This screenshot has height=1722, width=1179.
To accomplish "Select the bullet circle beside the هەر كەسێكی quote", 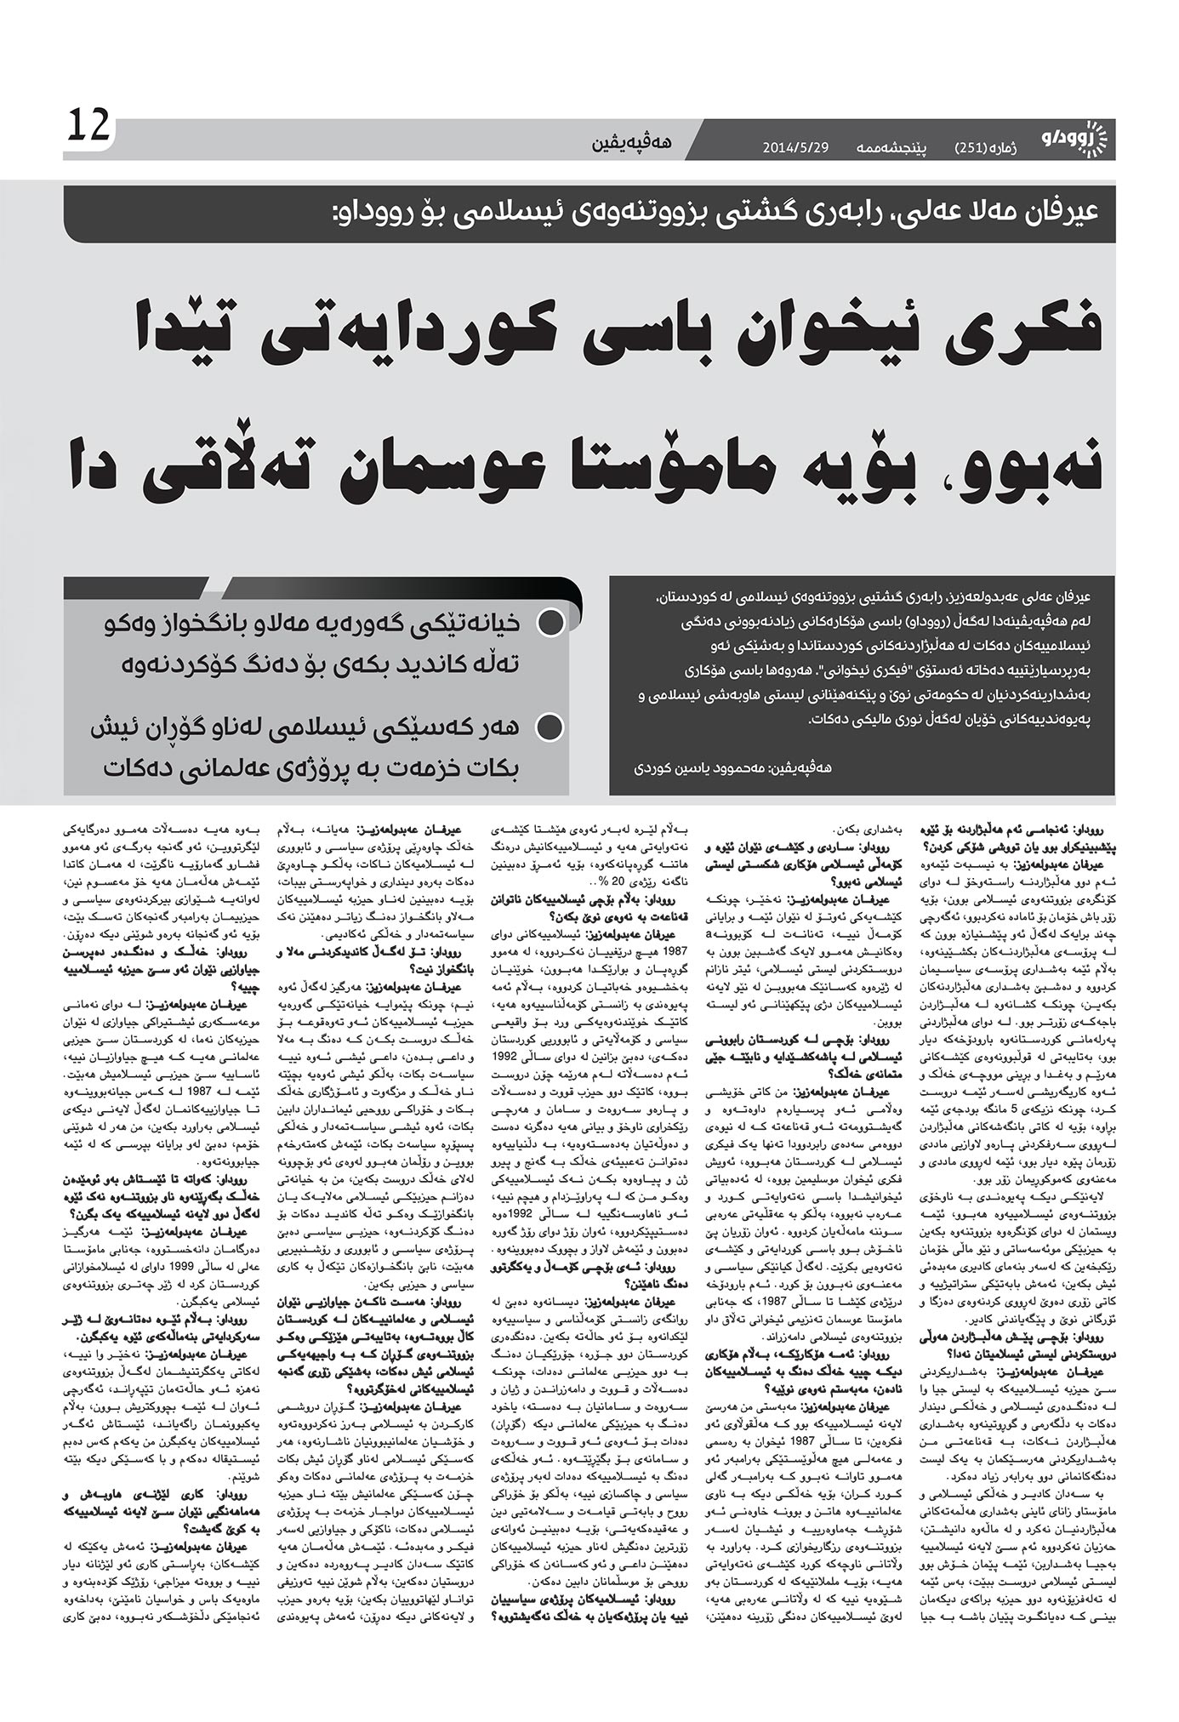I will point(551,728).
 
